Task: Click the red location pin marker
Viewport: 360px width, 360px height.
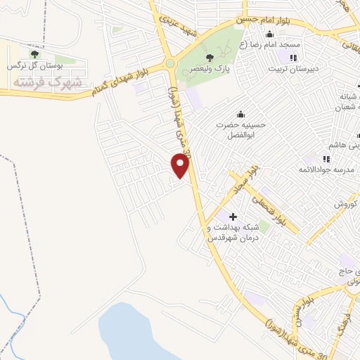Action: [181, 165]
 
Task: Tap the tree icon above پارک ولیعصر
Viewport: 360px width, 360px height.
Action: [208, 58]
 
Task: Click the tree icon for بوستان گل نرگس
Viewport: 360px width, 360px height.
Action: [34, 54]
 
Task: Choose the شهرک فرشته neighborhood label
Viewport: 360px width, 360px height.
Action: [47, 82]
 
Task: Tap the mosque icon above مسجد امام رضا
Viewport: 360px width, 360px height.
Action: [269, 34]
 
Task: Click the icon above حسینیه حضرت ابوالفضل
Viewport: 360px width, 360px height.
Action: [240, 115]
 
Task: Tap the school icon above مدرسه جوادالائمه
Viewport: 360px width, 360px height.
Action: [326, 158]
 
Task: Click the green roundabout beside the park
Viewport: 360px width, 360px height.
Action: [169, 64]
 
